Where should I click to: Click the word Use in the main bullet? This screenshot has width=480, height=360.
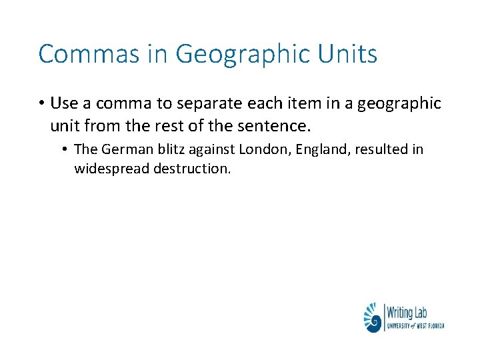click(x=64, y=103)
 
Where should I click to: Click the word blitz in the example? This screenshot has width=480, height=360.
click(x=165, y=149)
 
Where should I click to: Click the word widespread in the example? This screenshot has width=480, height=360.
click(x=111, y=168)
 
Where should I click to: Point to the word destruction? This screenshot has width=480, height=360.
click(x=192, y=168)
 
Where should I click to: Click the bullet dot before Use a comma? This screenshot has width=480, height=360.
click(x=41, y=103)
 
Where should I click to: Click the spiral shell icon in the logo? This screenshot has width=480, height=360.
click(x=373, y=318)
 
